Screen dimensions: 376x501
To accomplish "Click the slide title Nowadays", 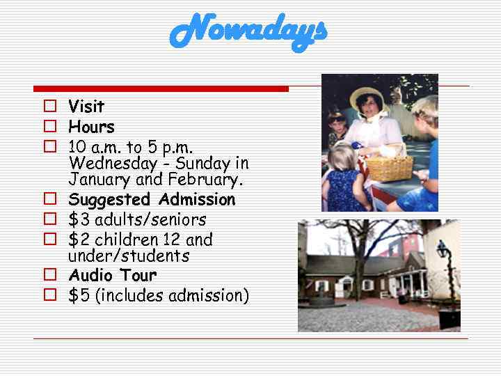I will [248, 31].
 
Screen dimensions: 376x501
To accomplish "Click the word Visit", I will [86, 107].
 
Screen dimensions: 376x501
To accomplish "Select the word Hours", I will [91, 127].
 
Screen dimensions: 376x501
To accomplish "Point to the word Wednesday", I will [113, 164].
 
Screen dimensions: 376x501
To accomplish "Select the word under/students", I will [129, 256].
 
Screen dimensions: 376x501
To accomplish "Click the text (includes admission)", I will [172, 296].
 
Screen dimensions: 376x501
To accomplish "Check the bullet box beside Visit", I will [49, 107].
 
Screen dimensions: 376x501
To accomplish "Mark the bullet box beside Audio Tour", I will [49, 275].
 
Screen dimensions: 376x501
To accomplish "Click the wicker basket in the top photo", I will [389, 167].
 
